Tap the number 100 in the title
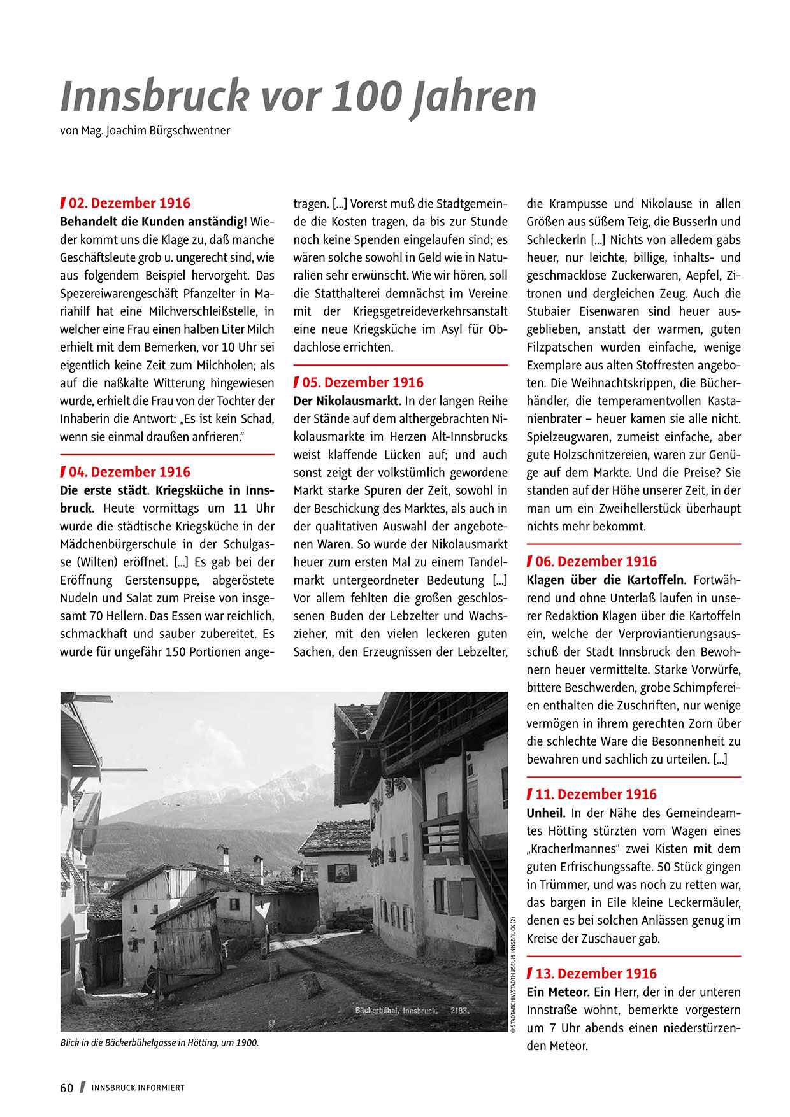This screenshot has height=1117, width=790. tap(368, 96)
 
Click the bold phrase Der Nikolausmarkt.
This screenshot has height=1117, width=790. tap(347, 401)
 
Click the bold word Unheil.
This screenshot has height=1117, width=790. tap(546, 813)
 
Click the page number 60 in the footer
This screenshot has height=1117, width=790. tap(67, 1088)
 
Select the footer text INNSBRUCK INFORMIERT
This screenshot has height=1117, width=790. tap(138, 1088)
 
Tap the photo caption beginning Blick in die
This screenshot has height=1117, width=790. tap(159, 1043)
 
